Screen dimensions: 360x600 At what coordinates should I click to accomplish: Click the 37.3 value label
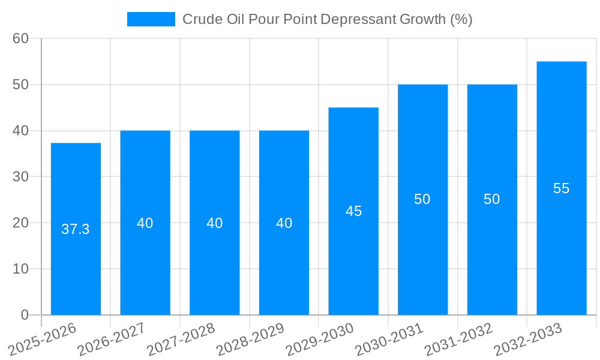[76, 229]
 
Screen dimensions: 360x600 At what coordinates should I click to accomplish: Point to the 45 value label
[353, 211]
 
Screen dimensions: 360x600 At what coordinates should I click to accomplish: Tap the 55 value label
[562, 188]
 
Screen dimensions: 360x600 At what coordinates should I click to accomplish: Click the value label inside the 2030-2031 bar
[422, 199]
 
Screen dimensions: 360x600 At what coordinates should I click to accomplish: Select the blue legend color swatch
[151, 19]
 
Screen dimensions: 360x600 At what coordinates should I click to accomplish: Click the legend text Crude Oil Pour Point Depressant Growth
[328, 19]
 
